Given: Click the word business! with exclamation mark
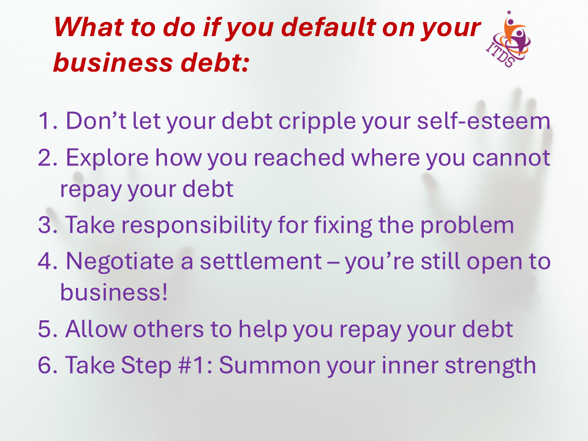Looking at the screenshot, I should click(114, 293).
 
